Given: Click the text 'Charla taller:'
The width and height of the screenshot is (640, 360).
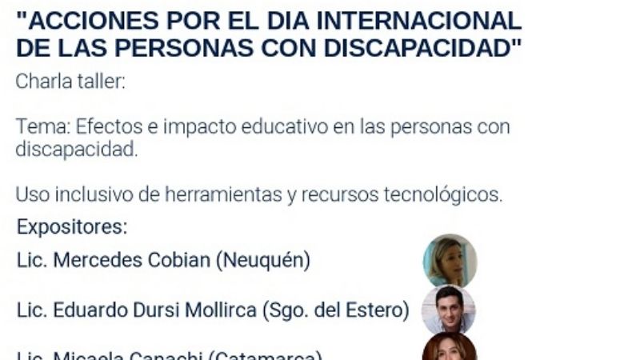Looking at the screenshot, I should [x=70, y=82].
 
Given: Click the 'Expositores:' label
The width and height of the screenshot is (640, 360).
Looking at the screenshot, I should [x=72, y=226].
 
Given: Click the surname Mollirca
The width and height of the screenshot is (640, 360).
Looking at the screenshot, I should [x=218, y=310].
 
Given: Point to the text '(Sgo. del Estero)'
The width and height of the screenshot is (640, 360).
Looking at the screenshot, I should [x=336, y=310].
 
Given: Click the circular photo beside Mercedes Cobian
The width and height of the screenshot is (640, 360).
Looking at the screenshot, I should [x=450, y=261].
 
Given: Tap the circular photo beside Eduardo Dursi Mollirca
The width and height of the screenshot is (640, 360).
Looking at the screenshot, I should [x=449, y=309].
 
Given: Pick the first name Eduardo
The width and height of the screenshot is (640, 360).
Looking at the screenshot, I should [x=86, y=310].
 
